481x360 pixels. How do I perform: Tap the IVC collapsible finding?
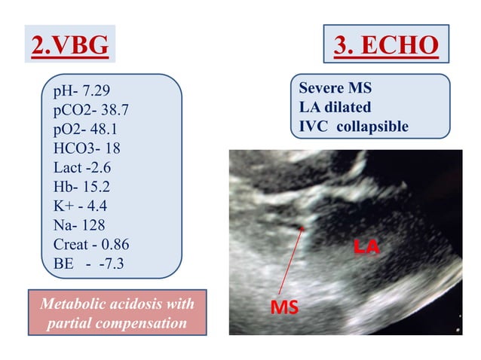354,126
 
